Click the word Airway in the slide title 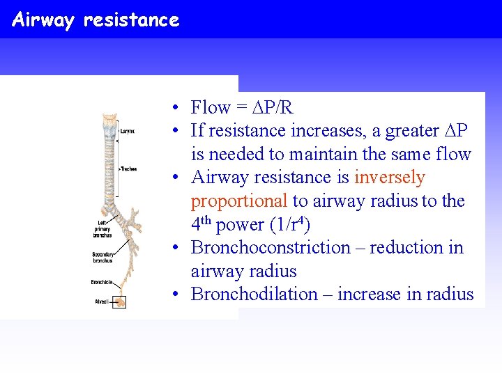click(x=43, y=20)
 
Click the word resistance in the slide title click(x=131, y=20)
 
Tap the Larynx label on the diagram click(x=127, y=131)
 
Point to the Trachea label click(x=128, y=169)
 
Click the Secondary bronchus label click(x=103, y=258)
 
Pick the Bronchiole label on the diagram click(x=101, y=282)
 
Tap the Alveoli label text click(x=102, y=301)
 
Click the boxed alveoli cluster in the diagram click(x=120, y=301)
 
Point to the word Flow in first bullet click(x=210, y=107)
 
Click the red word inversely click(x=389, y=178)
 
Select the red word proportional click(x=239, y=201)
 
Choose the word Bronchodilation click(x=254, y=295)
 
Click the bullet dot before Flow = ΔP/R click(x=179, y=108)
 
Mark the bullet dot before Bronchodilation click(x=179, y=295)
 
